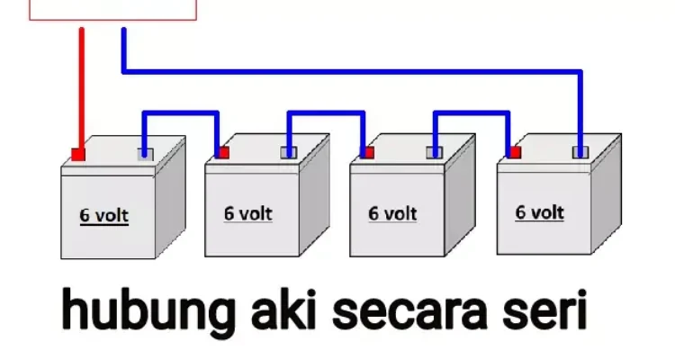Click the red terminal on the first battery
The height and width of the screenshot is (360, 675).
79,155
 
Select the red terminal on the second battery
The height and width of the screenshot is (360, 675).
222,153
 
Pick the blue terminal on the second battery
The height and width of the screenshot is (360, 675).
289,152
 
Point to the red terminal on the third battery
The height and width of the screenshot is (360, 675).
367,153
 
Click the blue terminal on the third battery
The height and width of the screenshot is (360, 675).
435,152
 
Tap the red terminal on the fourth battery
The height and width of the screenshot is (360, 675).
514,152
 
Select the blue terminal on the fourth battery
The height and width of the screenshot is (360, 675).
580,151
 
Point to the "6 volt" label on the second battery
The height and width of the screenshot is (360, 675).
247,213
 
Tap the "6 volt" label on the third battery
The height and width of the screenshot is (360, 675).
393,213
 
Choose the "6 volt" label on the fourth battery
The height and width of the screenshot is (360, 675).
539,211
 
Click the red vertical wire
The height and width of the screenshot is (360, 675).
81,90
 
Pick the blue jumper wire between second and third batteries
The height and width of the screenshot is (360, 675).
327,113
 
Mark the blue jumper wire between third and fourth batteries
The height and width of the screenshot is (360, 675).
473,113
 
